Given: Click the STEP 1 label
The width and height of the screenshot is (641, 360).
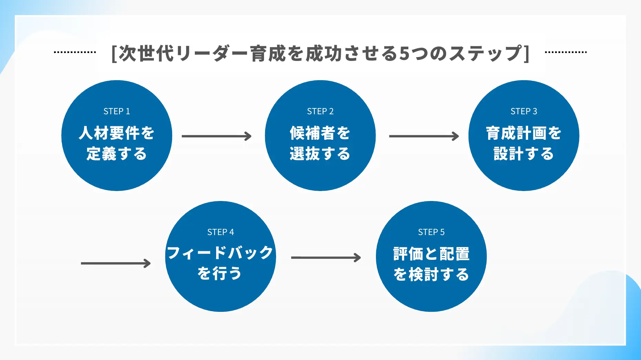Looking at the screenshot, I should pyautogui.click(x=117, y=111).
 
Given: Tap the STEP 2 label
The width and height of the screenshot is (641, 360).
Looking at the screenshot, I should pyautogui.click(x=320, y=111).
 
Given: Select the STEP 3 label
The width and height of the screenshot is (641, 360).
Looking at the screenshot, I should pyautogui.click(x=524, y=111).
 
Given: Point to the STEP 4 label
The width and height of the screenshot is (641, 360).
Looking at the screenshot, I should pyautogui.click(x=220, y=232).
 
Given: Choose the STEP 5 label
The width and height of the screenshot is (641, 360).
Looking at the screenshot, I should pyautogui.click(x=431, y=232).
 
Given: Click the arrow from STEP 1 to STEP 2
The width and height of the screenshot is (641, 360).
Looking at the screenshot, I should pyautogui.click(x=217, y=136).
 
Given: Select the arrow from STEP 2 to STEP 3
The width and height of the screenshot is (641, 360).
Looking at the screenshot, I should pyautogui.click(x=424, y=136).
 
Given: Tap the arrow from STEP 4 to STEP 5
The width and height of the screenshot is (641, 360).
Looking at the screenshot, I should pyautogui.click(x=326, y=257).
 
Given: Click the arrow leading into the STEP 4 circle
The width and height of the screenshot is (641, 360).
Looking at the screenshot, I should pyautogui.click(x=116, y=263).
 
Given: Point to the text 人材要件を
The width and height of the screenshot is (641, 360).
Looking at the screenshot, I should pyautogui.click(x=117, y=133).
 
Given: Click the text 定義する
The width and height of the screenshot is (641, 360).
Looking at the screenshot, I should pyautogui.click(x=117, y=153).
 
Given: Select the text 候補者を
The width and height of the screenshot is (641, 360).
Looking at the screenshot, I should pyautogui.click(x=320, y=133).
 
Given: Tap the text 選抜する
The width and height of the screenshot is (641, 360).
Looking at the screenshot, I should pyautogui.click(x=320, y=153).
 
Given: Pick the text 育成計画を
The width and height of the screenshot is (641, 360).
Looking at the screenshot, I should pyautogui.click(x=524, y=133).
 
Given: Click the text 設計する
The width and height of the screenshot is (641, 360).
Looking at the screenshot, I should pyautogui.click(x=524, y=153).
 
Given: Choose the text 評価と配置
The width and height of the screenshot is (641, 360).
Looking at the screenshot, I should pyautogui.click(x=431, y=254).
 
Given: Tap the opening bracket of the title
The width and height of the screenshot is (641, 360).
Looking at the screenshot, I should pyautogui.click(x=114, y=54).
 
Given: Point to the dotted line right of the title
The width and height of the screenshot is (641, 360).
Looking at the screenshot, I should pyautogui.click(x=566, y=52).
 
